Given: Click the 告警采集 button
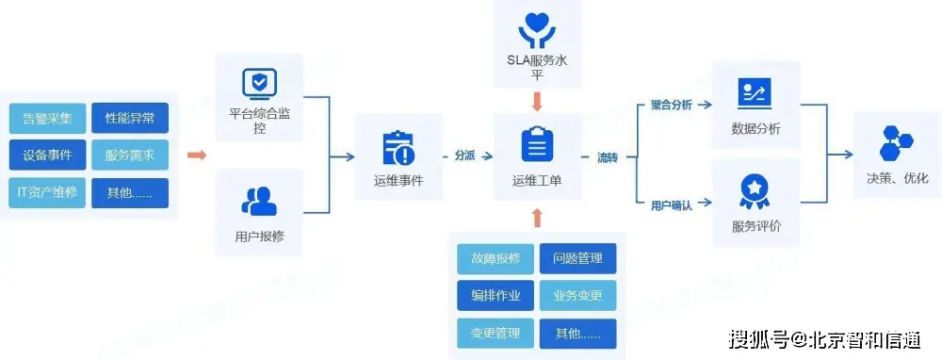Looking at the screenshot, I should [x=48, y=119].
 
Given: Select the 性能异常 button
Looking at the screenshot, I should [x=130, y=119].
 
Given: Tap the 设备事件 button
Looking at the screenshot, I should [x=48, y=155].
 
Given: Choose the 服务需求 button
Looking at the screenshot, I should [x=130, y=155].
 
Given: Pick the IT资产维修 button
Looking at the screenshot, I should [x=48, y=193].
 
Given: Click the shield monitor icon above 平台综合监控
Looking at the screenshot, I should [x=259, y=84].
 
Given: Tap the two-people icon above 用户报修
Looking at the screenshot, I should [x=259, y=201].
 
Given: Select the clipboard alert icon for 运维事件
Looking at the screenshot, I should [x=398, y=148].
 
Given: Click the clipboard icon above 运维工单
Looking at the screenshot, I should [x=537, y=145].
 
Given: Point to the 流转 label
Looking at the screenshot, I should [x=608, y=156].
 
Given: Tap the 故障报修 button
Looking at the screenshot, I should [x=495, y=258].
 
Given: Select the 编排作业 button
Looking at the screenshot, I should [x=495, y=295].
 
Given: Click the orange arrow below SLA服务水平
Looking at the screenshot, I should [x=537, y=99].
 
